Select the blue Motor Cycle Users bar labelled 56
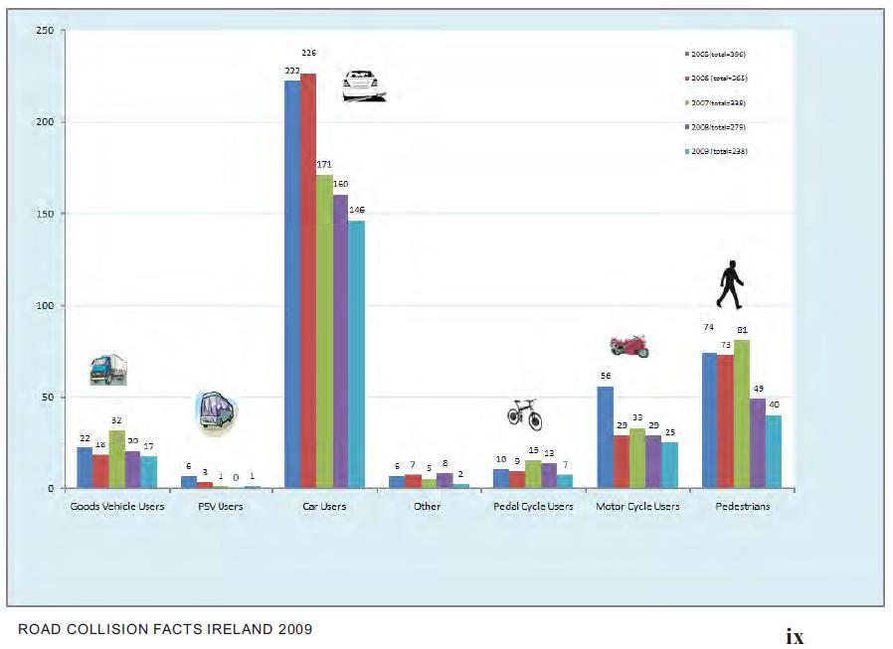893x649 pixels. point(605,437)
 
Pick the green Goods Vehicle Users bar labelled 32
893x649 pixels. point(117,459)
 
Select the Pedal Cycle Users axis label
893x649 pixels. point(533,507)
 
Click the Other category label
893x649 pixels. point(429,507)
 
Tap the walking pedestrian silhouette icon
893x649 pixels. point(730,285)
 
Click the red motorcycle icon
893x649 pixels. point(629,346)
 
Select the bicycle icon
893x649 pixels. point(525,413)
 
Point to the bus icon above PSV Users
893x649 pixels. point(217,411)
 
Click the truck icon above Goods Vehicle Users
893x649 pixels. point(107,370)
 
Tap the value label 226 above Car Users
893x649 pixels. point(310,53)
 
